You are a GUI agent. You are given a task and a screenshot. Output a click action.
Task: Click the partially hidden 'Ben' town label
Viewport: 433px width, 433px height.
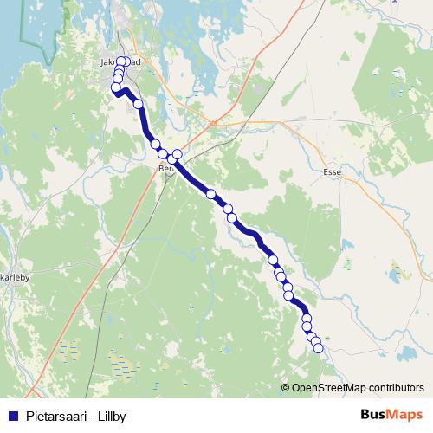click(x=165, y=170)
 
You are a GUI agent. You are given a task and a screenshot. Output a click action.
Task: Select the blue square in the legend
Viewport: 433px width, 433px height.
click(x=12, y=417)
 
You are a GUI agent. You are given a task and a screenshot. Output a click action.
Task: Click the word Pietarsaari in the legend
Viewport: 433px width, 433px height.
click(x=54, y=417)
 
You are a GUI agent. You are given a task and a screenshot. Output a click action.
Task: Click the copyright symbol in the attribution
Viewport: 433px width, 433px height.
click(x=286, y=388)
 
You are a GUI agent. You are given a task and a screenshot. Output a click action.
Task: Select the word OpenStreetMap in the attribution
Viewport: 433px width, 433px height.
click(x=328, y=388)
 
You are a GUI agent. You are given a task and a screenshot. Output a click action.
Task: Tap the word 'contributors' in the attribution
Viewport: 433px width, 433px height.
click(x=396, y=388)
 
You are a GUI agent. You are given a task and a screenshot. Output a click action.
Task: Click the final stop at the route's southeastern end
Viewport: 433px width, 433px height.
click(x=318, y=348)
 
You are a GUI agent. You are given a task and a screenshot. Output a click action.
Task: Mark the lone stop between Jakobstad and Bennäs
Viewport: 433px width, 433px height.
click(x=138, y=104)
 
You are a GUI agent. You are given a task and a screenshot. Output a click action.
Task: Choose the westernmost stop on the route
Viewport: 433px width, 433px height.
click(x=115, y=87)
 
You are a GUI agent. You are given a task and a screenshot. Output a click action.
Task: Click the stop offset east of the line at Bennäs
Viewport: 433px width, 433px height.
click(x=178, y=154)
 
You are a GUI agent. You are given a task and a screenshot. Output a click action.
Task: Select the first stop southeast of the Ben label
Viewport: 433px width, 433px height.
click(x=210, y=194)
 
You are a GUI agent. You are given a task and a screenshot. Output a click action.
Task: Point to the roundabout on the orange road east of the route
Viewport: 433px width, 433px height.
click(x=211, y=123)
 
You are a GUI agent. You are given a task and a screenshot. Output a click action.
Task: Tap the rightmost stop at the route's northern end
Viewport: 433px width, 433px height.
click(x=126, y=61)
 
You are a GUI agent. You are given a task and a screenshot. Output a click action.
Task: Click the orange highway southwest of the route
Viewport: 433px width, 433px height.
click(x=69, y=312)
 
